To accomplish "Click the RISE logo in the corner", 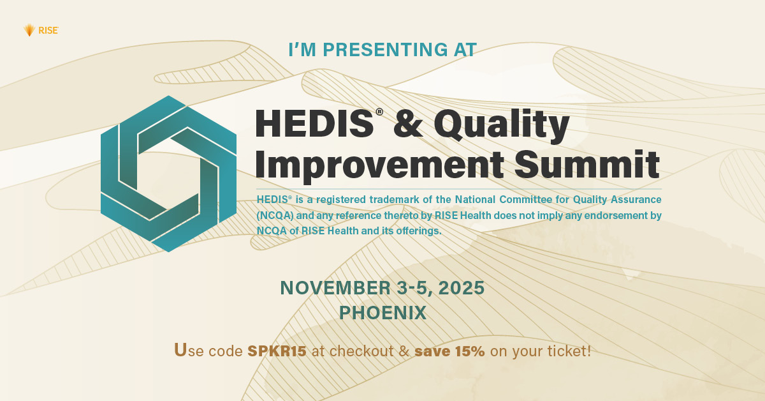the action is [x=41, y=31].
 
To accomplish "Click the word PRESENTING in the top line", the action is [x=385, y=50].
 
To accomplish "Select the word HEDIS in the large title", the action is [x=314, y=123].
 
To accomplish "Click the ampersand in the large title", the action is [x=408, y=123].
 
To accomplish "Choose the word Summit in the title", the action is [x=587, y=164].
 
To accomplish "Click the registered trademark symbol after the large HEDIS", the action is [x=379, y=112].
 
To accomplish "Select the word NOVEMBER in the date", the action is [x=336, y=288].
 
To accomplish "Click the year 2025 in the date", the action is [x=462, y=288].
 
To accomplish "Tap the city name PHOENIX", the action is [x=383, y=313].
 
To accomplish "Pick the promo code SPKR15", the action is [x=277, y=351].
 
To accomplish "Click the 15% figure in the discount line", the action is [x=470, y=351].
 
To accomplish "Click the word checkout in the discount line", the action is [x=361, y=351].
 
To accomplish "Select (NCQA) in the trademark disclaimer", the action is [x=275, y=216].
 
